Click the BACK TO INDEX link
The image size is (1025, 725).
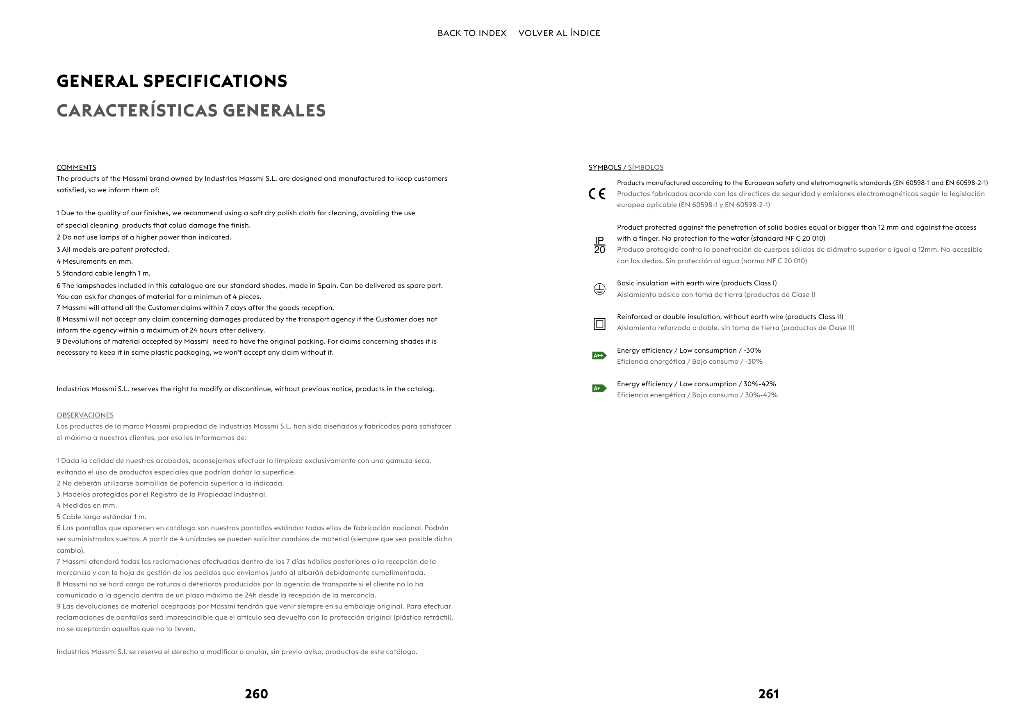pos(471,33)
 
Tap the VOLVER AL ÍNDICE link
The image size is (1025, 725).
pos(559,33)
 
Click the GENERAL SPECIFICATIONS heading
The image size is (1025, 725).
pos(172,81)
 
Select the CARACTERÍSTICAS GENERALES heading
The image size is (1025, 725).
pos(191,111)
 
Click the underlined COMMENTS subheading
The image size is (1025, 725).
pos(76,167)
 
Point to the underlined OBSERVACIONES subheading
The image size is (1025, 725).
pos(85,415)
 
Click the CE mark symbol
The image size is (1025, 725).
pos(597,194)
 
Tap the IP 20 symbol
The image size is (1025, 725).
pos(599,245)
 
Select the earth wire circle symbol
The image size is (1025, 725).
pos(599,289)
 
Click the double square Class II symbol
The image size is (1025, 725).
pos(599,324)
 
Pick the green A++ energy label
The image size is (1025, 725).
pos(599,356)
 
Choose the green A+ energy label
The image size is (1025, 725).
pos(599,388)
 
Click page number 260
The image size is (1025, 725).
pos(256,694)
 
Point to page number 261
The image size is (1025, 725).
pos(768,694)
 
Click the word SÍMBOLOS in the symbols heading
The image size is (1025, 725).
pos(645,167)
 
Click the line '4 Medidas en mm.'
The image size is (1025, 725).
pos(87,505)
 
